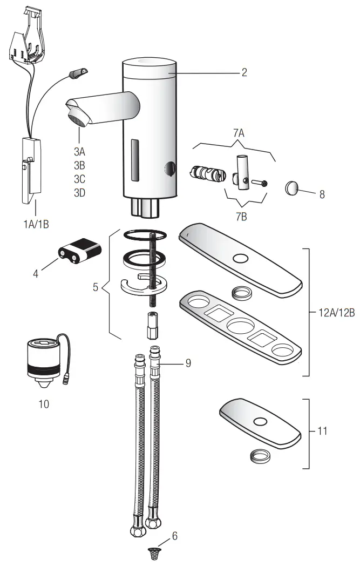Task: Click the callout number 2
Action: click(x=244, y=72)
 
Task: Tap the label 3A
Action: click(x=79, y=151)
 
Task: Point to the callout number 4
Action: click(x=36, y=274)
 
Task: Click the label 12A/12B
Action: click(x=336, y=313)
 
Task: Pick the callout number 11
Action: click(x=322, y=432)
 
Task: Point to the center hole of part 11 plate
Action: click(x=261, y=422)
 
